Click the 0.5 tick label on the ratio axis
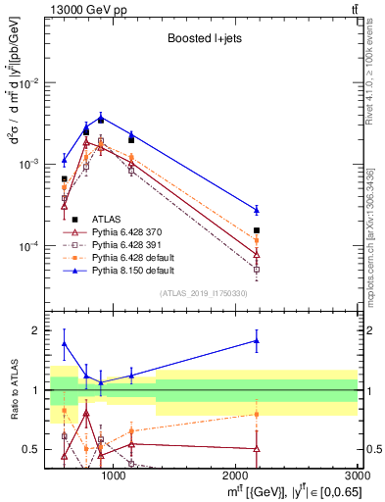coord(32,449)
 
